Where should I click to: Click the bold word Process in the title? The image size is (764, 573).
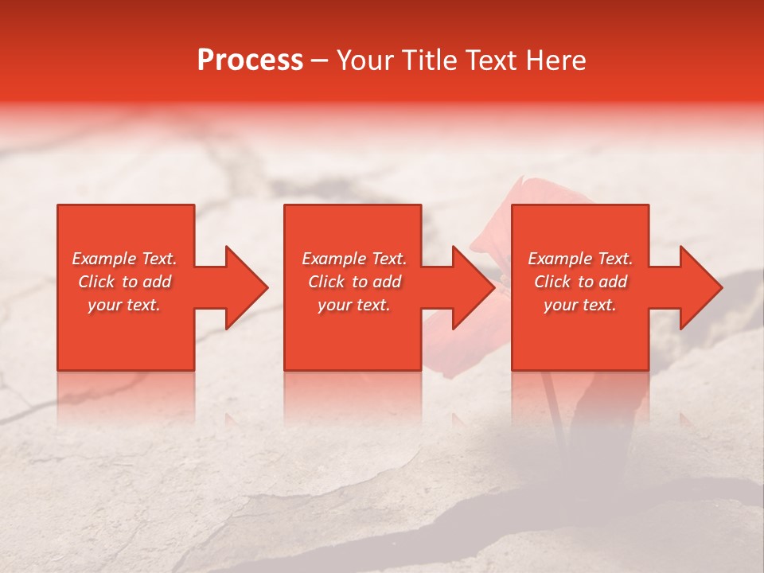tap(250, 60)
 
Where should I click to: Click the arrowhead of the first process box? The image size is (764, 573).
tap(246, 287)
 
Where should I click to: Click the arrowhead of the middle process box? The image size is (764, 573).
tap(474, 287)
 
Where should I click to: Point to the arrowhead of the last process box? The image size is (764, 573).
tap(701, 287)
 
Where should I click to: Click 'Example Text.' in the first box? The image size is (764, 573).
tap(124, 259)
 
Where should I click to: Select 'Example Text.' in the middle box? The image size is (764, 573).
tap(354, 259)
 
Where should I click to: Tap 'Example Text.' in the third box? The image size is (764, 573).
tap(580, 259)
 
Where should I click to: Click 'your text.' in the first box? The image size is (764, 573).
tap(124, 305)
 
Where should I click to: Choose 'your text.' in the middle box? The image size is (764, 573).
tap(354, 305)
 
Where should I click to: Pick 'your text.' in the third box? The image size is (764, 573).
tap(580, 305)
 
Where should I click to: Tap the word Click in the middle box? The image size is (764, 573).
tap(326, 282)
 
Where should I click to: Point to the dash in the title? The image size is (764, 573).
tap(320, 61)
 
